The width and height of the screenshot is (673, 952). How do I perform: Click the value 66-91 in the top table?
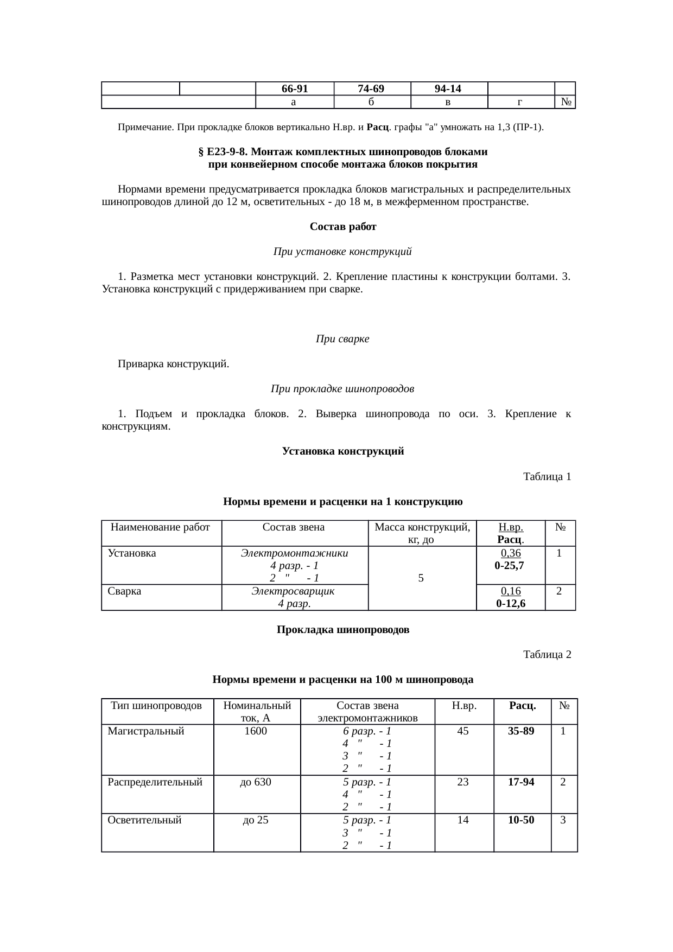(x=295, y=88)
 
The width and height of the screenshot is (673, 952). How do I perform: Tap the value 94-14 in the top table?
(x=448, y=88)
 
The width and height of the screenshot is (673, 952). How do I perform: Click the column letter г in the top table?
(x=520, y=101)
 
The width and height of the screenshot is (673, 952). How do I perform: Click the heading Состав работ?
(x=342, y=227)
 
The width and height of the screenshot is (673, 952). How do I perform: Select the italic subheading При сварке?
(x=342, y=339)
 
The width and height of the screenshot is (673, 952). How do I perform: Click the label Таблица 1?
(x=547, y=477)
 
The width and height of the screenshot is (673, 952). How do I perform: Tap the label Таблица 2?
(x=547, y=655)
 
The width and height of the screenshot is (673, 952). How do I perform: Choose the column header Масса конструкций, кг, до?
(x=422, y=533)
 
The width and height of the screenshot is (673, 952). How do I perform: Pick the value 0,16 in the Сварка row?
(x=510, y=591)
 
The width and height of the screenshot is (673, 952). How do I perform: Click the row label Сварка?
(x=124, y=591)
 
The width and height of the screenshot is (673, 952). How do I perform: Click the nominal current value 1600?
(x=256, y=731)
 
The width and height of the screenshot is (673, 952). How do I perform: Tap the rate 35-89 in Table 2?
(x=521, y=731)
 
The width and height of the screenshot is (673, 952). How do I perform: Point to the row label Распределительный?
(x=155, y=782)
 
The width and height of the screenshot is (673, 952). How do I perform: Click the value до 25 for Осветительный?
(x=256, y=820)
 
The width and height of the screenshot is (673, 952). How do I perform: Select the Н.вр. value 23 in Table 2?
(x=463, y=782)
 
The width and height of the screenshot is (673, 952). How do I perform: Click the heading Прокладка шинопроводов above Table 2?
(x=342, y=630)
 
